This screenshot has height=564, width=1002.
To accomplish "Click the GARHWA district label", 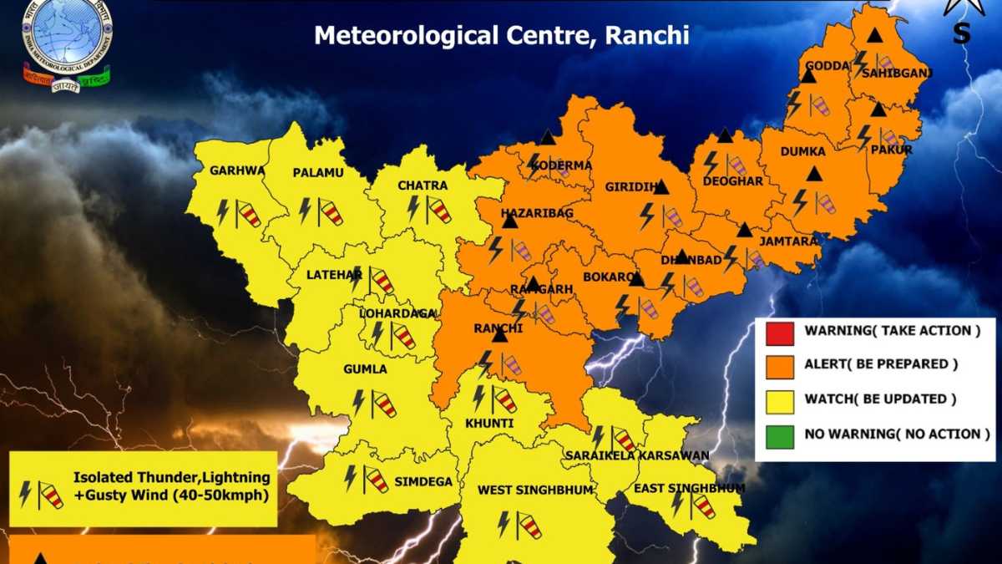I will coord(237,170).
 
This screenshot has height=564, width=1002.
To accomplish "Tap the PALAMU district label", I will coord(314,172).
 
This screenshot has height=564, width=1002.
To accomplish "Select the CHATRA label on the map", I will coord(423,185).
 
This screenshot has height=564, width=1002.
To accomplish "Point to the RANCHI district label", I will coord(498,328).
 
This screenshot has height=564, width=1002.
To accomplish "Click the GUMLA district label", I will coord(365,368).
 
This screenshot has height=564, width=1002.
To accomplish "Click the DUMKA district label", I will coord(802,151).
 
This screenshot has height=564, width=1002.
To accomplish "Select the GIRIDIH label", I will coord(628,188).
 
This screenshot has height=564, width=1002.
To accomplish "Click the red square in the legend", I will coord(779,332).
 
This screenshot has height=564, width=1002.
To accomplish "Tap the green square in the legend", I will coord(779,434).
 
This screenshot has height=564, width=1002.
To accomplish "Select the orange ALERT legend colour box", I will coord(779,366).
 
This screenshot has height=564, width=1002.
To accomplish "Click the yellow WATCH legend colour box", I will coord(779,400).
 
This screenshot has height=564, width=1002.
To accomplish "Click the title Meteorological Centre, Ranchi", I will coord(501,35).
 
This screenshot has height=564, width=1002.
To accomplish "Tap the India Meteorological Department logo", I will coord(67,42).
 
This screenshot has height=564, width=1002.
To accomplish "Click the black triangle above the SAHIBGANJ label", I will coord(874,36).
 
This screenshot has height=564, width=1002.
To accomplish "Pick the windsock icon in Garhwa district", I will coord(247,213).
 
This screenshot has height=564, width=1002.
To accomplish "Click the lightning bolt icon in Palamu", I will coord(305,209).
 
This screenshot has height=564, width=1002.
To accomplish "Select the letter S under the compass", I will coord(962,33).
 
